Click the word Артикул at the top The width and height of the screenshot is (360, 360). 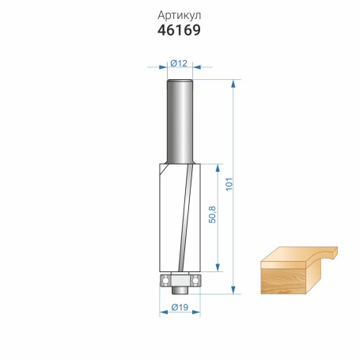point(179,15)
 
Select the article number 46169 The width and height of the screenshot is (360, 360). point(179,31)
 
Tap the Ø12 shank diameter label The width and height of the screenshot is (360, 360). point(179,63)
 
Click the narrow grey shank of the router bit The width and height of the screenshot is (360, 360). point(179,119)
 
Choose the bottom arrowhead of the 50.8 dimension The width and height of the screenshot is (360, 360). point(218,269)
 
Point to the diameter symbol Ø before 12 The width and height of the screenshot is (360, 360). point(173,63)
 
